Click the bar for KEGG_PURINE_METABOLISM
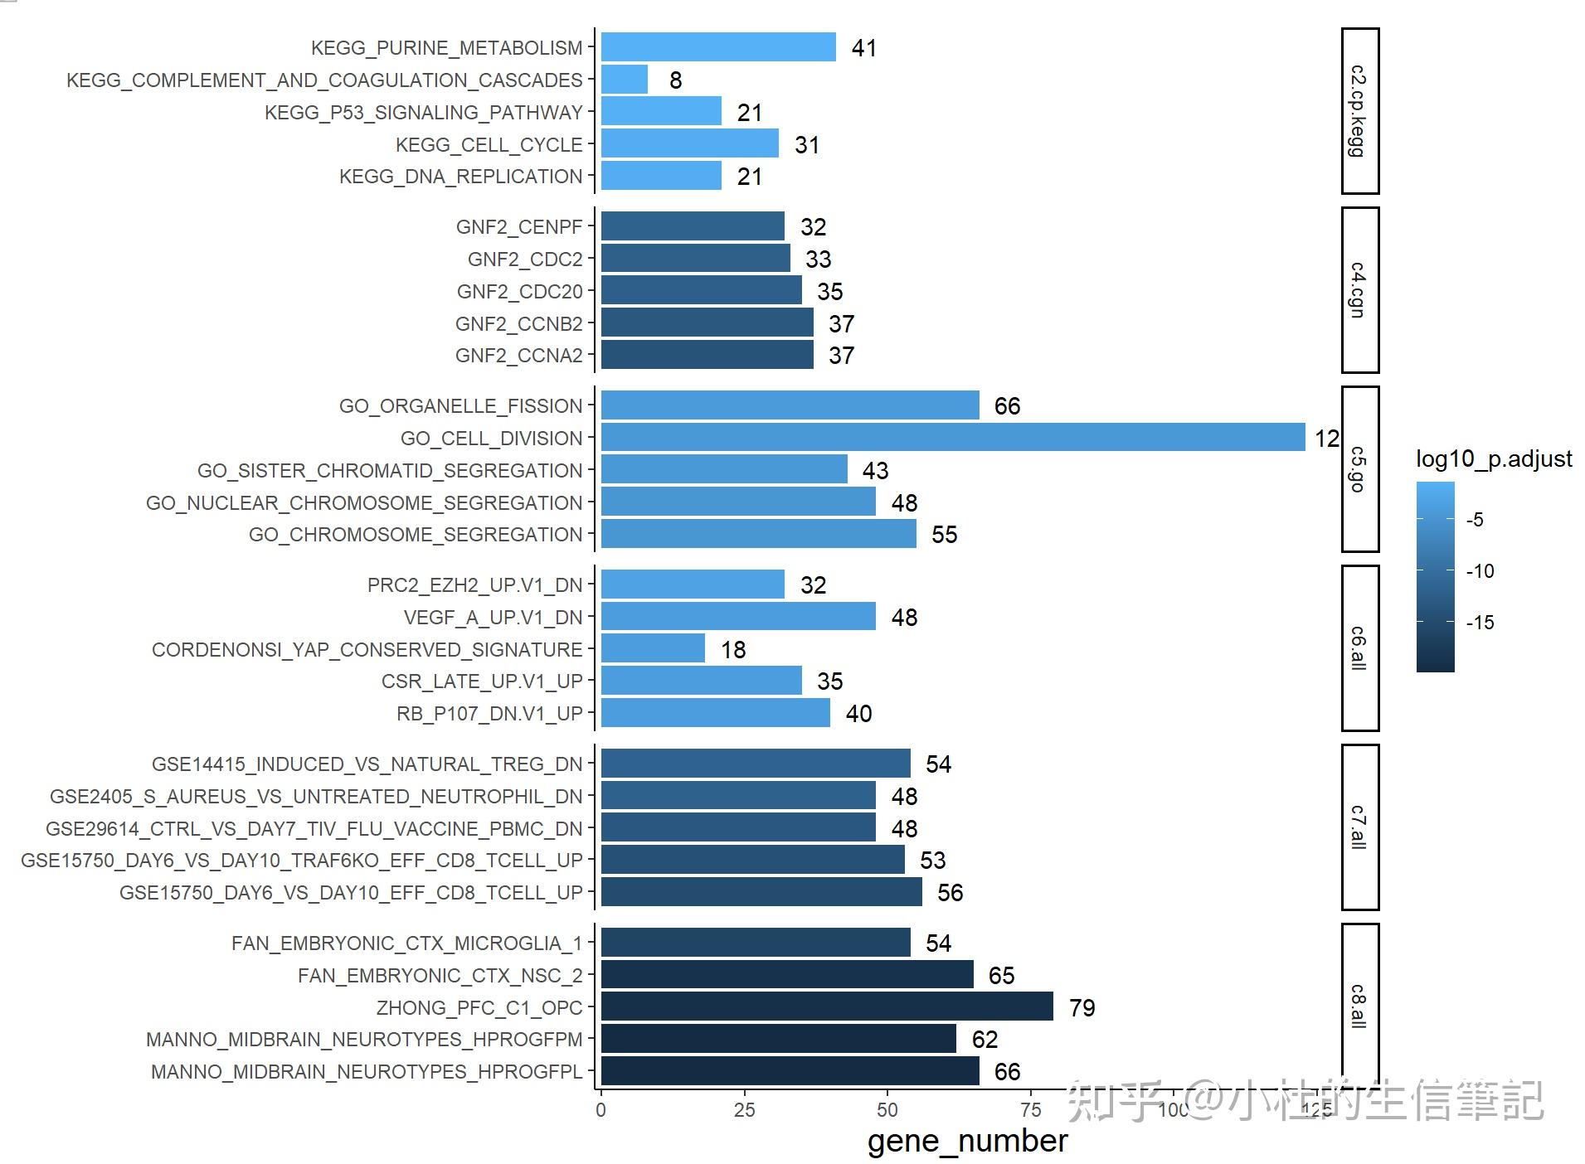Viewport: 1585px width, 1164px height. click(717, 47)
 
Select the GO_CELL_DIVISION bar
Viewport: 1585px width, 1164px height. click(952, 437)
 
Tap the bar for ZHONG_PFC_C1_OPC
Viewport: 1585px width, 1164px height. click(826, 1006)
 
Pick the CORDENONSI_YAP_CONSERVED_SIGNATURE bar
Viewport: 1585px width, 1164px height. click(653, 648)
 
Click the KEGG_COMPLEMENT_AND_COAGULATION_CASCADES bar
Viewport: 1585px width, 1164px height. click(624, 80)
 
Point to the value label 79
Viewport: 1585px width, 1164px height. click(1082, 1007)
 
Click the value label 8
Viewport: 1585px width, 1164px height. click(675, 80)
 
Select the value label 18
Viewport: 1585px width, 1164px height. click(732, 649)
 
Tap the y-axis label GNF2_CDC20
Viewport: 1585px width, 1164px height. click(519, 292)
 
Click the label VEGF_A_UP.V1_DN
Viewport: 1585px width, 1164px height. click(493, 618)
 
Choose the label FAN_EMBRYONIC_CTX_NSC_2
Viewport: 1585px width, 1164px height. click(440, 976)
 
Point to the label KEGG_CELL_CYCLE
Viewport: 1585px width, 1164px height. click(489, 145)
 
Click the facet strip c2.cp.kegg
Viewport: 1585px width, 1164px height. click(1359, 111)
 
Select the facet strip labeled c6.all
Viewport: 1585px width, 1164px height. click(1359, 648)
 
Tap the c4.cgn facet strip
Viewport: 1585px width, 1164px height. click(1359, 290)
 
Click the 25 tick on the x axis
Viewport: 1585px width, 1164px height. click(744, 1110)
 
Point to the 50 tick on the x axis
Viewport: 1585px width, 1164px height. click(887, 1110)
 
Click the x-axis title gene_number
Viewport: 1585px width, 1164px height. click(967, 1142)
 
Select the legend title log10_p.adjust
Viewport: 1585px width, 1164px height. click(1493, 458)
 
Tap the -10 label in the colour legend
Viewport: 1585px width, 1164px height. click(1480, 571)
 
